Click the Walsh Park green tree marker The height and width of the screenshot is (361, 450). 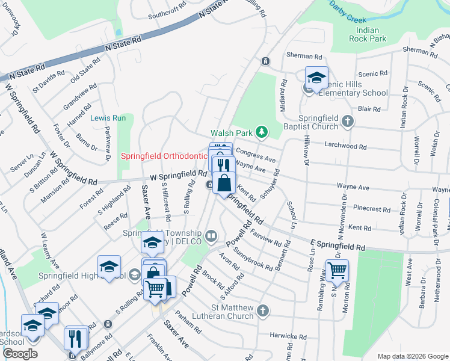261,131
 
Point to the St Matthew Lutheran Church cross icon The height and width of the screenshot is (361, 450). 262,310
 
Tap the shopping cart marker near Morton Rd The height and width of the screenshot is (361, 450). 337,270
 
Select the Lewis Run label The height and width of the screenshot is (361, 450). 108,119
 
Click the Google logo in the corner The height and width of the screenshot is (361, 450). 20,354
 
